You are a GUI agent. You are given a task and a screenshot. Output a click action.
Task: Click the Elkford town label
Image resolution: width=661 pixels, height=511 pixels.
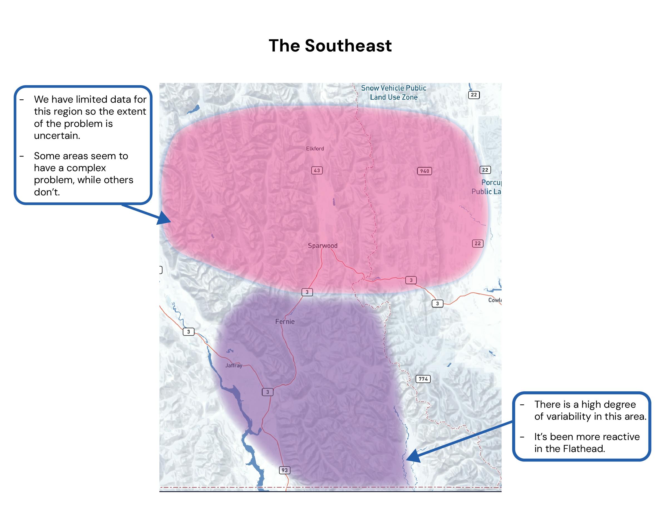point(315,149)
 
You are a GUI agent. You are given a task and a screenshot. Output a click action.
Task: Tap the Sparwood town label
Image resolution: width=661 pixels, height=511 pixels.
point(322,245)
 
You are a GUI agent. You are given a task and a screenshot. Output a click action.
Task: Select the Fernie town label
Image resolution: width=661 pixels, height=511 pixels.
point(285,321)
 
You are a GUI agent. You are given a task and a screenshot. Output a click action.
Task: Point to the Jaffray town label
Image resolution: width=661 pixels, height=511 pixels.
point(234,365)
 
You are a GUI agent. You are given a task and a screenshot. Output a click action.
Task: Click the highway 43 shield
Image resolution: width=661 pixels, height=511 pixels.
point(317,170)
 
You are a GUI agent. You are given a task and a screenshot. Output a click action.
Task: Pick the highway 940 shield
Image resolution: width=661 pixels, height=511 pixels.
point(424,171)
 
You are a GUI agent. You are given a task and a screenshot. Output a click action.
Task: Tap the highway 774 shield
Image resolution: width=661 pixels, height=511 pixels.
point(423,379)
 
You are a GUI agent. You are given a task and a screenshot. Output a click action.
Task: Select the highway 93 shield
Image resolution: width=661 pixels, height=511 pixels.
point(285,470)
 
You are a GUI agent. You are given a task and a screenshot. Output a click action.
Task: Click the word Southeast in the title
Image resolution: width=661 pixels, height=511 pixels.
point(348,46)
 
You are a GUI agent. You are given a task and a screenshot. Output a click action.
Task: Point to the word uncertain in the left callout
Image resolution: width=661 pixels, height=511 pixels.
point(57,136)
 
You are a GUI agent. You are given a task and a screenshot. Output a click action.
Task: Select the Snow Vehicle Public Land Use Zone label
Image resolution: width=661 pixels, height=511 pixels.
point(393,93)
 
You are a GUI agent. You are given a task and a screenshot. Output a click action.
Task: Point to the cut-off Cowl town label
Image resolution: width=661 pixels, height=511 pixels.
point(495,300)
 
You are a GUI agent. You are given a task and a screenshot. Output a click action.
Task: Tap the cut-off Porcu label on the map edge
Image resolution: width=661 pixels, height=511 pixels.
point(491,183)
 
